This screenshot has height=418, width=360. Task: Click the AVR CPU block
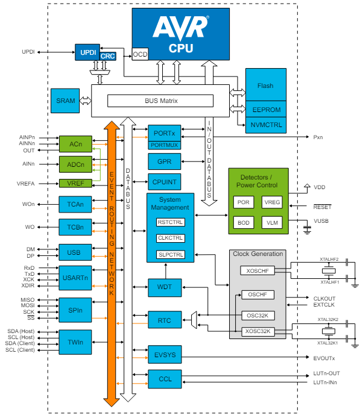[181, 34]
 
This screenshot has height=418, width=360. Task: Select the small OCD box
[140, 54]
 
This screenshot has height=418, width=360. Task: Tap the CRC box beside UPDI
[108, 56]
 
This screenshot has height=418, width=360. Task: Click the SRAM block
[66, 101]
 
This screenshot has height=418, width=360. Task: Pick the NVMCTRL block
[265, 125]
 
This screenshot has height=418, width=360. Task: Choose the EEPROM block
[265, 110]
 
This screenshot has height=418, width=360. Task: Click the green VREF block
[75, 183]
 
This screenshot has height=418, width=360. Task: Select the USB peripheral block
[75, 252]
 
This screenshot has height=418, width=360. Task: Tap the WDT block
[164, 287]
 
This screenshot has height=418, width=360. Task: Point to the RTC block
[164, 319]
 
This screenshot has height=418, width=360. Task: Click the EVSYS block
[164, 355]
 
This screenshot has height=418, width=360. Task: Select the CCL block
[164, 379]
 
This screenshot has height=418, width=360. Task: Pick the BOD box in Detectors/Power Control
[243, 223]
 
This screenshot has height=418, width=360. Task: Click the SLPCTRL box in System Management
[170, 254]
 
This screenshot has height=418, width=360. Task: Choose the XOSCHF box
[257, 271]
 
